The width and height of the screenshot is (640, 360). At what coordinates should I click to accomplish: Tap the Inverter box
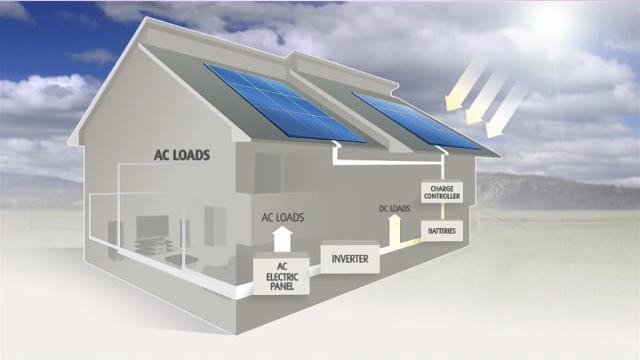[x=349, y=259]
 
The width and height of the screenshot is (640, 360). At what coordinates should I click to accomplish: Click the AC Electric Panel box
[x=282, y=275]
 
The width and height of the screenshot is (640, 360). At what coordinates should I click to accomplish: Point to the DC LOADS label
[x=395, y=209]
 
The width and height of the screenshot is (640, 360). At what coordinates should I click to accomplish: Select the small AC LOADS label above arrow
[x=283, y=216]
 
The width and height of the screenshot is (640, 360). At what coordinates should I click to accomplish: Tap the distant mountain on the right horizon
[x=540, y=190]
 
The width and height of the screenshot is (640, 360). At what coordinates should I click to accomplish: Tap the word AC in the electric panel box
[x=282, y=266]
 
